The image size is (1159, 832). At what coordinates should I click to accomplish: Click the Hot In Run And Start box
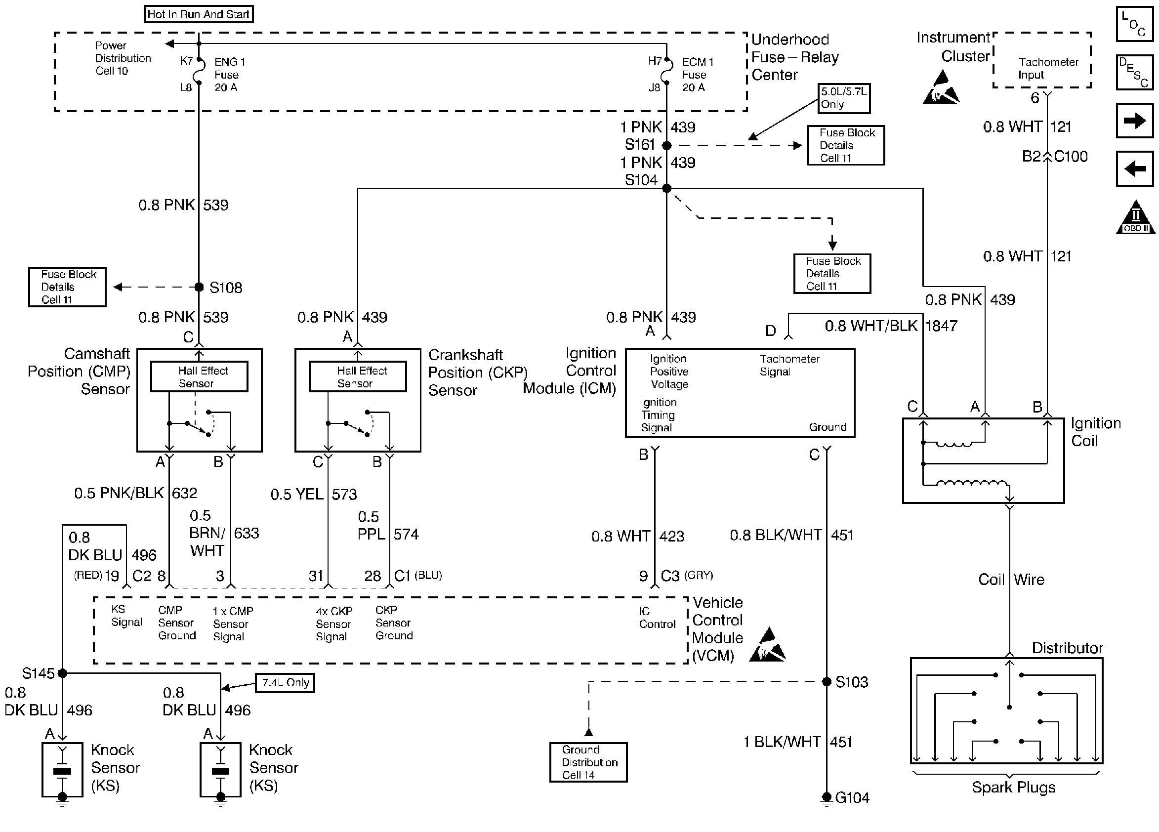[x=199, y=14]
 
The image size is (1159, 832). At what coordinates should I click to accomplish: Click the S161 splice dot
[x=666, y=146]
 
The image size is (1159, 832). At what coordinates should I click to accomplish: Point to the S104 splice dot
[x=666, y=189]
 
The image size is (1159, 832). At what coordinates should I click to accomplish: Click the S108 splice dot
[x=199, y=287]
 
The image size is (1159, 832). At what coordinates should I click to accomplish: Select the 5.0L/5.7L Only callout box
[x=843, y=98]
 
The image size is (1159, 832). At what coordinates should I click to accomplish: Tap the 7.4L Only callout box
[x=285, y=683]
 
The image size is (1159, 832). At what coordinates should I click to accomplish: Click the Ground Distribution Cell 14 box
[x=588, y=762]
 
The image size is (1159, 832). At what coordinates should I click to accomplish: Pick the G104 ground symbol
[x=827, y=798]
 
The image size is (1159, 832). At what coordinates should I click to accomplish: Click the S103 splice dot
[x=827, y=682]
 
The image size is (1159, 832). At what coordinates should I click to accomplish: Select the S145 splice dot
[x=62, y=673]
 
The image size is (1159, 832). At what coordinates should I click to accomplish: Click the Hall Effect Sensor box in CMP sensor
[x=199, y=376]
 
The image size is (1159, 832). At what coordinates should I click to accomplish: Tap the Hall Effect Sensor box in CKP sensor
[x=358, y=376]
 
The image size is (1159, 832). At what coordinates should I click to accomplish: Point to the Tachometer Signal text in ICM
[x=788, y=366]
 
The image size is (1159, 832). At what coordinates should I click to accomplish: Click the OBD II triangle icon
[x=1135, y=219]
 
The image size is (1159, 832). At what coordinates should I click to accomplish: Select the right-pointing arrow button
[x=1134, y=121]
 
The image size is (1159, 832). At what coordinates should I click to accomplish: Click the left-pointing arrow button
[x=1134, y=168]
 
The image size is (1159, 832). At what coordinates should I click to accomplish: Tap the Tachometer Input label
[x=1048, y=68]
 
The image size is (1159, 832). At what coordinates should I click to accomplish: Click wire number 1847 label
[x=941, y=326]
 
